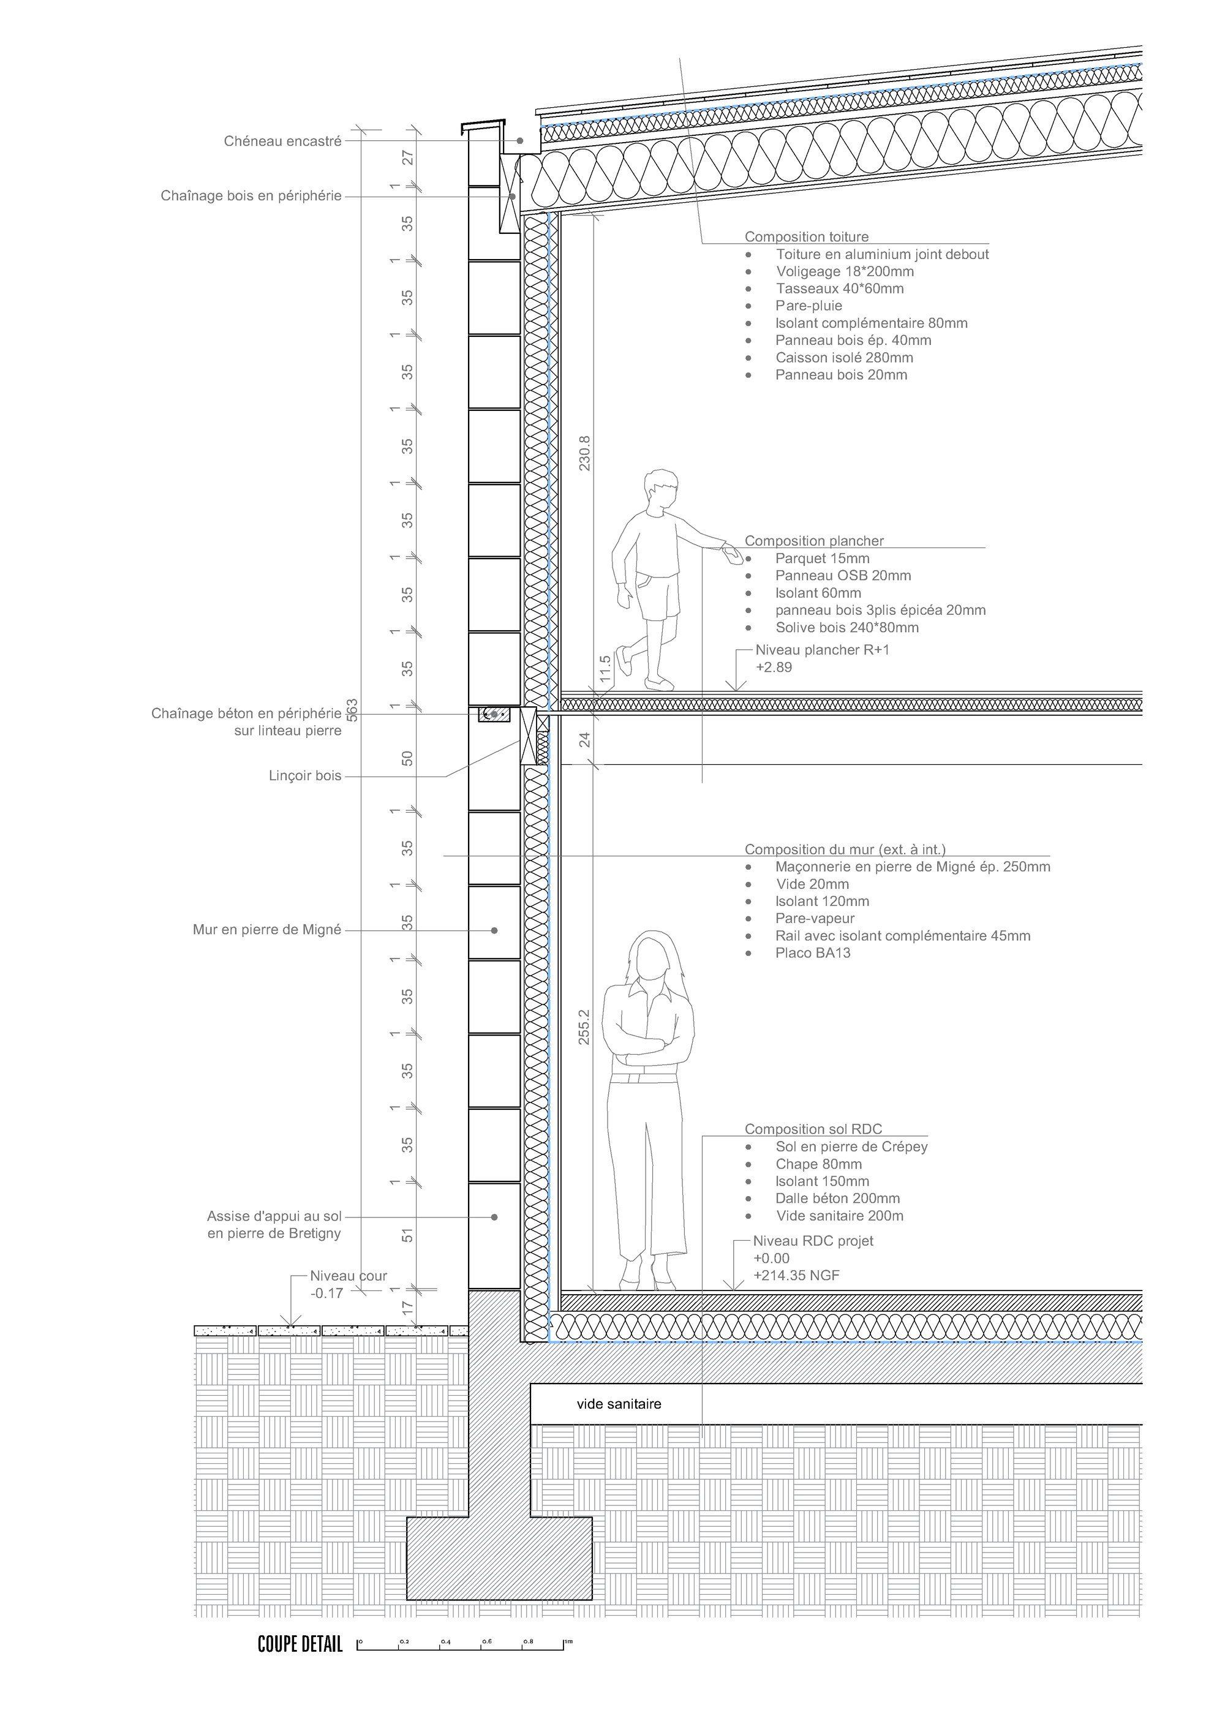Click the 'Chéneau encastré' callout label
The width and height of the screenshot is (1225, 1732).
pyautogui.click(x=283, y=141)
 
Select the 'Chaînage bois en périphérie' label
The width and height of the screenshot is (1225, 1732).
pyautogui.click(x=251, y=196)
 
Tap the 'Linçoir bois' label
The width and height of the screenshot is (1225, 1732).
pyautogui.click(x=305, y=775)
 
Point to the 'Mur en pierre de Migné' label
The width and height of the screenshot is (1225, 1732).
pyautogui.click(x=267, y=930)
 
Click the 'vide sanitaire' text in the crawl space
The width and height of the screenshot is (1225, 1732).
pyautogui.click(x=619, y=1404)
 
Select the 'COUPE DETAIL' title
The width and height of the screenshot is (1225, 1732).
pyautogui.click(x=300, y=1644)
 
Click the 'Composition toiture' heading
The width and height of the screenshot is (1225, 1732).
pyautogui.click(x=807, y=237)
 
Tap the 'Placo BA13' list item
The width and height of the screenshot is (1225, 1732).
pyautogui.click(x=812, y=953)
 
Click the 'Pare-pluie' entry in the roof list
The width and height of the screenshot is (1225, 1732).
pyautogui.click(x=809, y=306)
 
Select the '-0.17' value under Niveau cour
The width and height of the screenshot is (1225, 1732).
pyautogui.click(x=326, y=1293)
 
